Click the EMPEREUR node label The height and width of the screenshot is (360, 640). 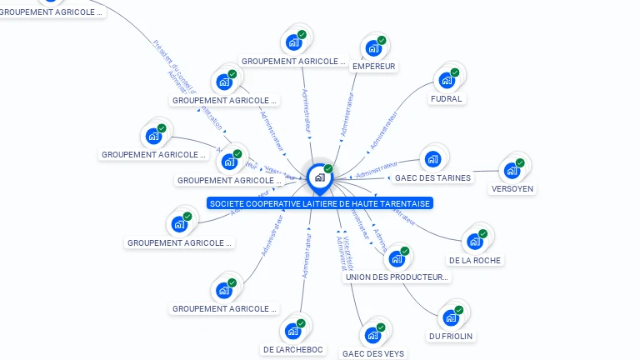click(373, 66)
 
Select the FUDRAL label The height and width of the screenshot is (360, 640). click(446, 98)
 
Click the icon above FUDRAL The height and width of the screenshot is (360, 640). click(447, 81)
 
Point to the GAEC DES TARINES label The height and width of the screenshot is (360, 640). click(432, 177)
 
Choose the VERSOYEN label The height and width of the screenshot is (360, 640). click(512, 188)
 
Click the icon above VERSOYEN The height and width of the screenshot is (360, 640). click(512, 171)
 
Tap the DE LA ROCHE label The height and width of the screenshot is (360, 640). click(475, 260)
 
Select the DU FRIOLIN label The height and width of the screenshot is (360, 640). click(451, 336)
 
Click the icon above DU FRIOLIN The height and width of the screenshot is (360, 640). click(451, 317)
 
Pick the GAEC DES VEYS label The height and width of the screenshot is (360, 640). click(372, 353)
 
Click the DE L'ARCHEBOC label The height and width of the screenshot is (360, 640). click(293, 349)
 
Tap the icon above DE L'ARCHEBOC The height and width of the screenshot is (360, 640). click(292, 331)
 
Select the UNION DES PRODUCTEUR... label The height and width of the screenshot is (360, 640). click(397, 277)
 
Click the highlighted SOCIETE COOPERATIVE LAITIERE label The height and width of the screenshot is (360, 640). click(320, 203)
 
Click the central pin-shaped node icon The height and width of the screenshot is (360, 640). click(319, 177)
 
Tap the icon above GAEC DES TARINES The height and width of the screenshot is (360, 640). click(432, 159)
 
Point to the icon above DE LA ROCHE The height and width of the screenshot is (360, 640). click(475, 242)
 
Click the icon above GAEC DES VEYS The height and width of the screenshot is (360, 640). click(372, 336)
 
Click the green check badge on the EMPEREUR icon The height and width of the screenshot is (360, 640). click(382, 40)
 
